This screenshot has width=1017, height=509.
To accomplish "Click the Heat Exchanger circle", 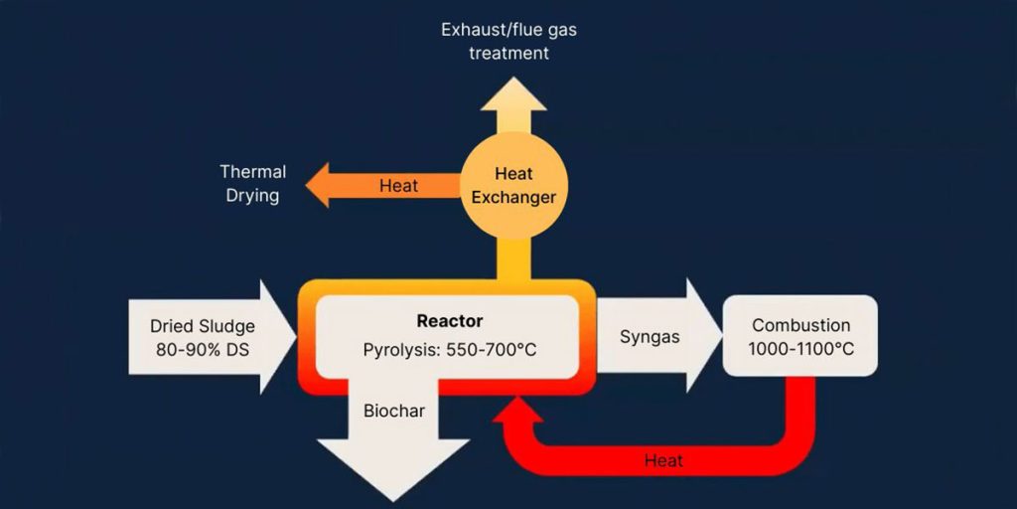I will pyautogui.click(x=513, y=186).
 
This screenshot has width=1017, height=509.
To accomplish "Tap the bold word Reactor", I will pyautogui.click(x=449, y=321).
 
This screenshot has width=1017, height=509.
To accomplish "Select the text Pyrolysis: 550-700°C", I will pyautogui.click(x=449, y=350).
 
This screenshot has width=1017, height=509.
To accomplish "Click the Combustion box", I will pyautogui.click(x=799, y=336).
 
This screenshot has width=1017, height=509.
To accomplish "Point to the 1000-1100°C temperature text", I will pyautogui.click(x=800, y=349).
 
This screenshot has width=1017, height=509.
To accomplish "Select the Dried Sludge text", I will pyautogui.click(x=203, y=326).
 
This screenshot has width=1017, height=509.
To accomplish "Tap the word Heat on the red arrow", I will pyautogui.click(x=663, y=460).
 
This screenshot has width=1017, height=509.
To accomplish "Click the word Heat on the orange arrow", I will pyautogui.click(x=398, y=186).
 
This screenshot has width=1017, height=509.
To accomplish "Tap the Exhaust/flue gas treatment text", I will pyautogui.click(x=508, y=41).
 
